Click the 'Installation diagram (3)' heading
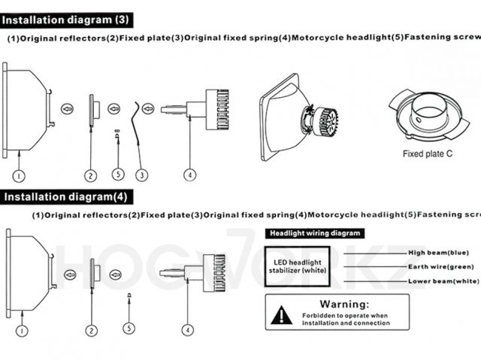pyautogui.click(x=68, y=16)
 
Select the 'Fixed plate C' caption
pyautogui.click(x=427, y=154)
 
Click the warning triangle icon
pyautogui.click(x=283, y=314)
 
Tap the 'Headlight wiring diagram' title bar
pyautogui.click(x=314, y=233)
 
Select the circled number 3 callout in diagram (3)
pyautogui.click(x=141, y=175)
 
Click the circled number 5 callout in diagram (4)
pyautogui.click(x=129, y=329)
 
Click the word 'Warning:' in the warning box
pyautogui.click(x=344, y=304)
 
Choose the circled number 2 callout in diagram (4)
pyautogui.click(x=91, y=329)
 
